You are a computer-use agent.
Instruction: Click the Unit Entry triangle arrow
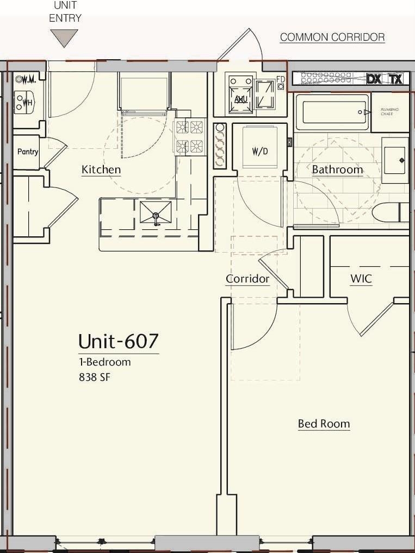click(64, 37)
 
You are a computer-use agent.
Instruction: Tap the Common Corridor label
click(332, 37)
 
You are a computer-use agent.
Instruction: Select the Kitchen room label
click(101, 169)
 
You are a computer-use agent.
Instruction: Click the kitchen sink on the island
click(156, 212)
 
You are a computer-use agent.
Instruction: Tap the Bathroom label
click(337, 169)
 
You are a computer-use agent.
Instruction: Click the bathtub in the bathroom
click(332, 112)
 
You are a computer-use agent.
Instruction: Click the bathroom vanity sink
click(395, 160)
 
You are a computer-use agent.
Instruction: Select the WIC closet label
click(361, 279)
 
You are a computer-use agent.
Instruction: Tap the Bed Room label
click(324, 424)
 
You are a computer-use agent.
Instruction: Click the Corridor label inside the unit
click(247, 279)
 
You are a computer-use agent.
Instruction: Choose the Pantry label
click(28, 152)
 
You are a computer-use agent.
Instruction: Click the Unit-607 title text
click(119, 341)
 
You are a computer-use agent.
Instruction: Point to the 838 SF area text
click(95, 376)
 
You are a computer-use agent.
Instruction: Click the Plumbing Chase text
click(389, 111)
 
